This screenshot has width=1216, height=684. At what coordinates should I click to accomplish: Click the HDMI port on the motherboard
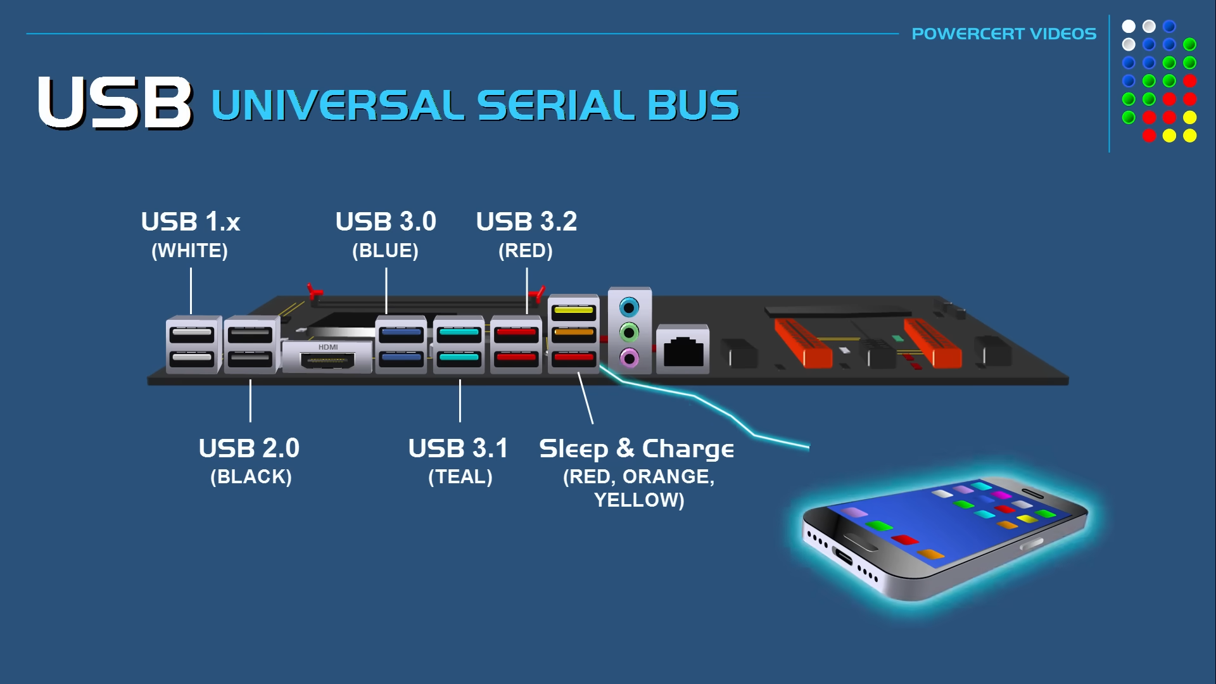[x=327, y=361]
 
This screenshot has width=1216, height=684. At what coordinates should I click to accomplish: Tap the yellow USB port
[x=573, y=311]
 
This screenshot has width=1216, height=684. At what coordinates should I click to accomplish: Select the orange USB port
[x=573, y=334]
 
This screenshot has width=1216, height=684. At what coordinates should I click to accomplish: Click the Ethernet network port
[x=683, y=351]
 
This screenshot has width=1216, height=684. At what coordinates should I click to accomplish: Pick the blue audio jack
[x=629, y=308]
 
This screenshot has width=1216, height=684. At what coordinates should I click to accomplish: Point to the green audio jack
[x=629, y=332]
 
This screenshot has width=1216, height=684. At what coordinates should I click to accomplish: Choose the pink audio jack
[x=629, y=358]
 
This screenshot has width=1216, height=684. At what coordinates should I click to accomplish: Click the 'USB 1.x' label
[x=191, y=222]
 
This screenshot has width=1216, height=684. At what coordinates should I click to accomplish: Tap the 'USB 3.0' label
[x=386, y=222]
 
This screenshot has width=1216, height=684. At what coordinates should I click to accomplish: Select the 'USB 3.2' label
[x=526, y=222]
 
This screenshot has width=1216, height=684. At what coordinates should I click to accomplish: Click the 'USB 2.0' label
[x=249, y=448]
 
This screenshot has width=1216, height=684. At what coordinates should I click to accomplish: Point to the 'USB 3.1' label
[x=458, y=448]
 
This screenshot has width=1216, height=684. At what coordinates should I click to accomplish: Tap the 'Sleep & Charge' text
[x=636, y=449]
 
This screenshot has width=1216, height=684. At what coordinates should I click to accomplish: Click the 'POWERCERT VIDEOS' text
[x=1004, y=34]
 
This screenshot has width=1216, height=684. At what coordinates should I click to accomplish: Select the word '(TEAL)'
[x=460, y=477]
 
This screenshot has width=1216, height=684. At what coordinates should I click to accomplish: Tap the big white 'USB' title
[x=115, y=103]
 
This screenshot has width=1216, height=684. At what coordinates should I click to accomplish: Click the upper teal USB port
[x=459, y=333]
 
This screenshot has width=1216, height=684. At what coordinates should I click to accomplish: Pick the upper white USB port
[x=192, y=333]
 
